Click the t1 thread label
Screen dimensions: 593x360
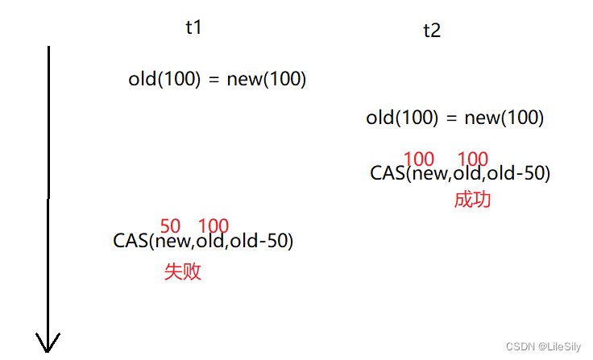(x=193, y=27)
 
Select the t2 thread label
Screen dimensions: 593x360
(x=432, y=31)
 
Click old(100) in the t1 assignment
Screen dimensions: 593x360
(x=164, y=79)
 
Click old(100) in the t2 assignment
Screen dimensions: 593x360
(x=402, y=118)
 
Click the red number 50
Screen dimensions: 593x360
(x=170, y=226)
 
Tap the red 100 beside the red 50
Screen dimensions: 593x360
(x=214, y=226)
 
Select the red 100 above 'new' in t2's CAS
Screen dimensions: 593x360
(x=419, y=159)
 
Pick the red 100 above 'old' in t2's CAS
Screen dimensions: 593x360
(x=473, y=159)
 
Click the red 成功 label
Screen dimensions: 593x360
(x=472, y=200)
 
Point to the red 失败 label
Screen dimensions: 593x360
(x=182, y=271)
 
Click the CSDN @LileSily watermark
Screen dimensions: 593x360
(x=542, y=346)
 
